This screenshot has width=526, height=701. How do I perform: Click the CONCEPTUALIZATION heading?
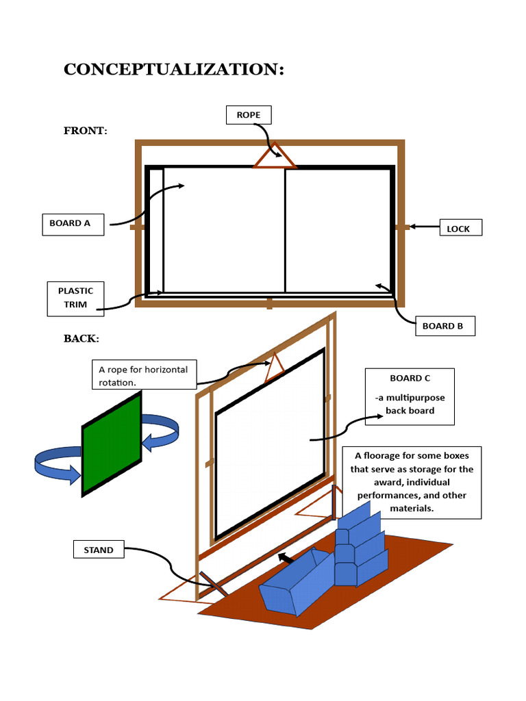point(173,70)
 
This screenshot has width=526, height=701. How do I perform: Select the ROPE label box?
point(249,115)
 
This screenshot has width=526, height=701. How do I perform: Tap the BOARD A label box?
point(73,224)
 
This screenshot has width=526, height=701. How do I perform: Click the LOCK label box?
point(460,229)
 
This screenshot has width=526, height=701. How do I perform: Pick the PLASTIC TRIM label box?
point(76,298)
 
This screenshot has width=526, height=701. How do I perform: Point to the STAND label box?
point(99,550)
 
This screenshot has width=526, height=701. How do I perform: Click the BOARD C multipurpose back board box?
point(410,396)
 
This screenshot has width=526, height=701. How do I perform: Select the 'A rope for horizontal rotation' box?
point(144,375)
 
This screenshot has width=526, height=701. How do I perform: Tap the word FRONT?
point(85,131)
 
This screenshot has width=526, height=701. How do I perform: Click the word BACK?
point(81,339)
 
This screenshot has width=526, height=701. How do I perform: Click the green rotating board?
point(112,444)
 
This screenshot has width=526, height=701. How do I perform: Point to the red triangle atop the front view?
point(275,157)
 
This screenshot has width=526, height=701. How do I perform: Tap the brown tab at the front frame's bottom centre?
point(269,303)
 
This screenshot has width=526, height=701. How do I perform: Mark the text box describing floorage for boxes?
point(412,483)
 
